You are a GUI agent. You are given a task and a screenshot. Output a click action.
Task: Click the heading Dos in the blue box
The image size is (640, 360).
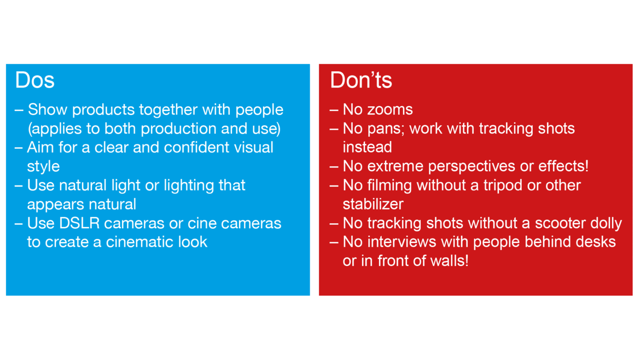click(x=34, y=80)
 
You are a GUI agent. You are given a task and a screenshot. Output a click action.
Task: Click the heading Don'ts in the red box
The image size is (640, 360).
click(x=361, y=80)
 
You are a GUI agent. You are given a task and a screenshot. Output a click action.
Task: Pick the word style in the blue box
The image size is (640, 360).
click(x=43, y=167)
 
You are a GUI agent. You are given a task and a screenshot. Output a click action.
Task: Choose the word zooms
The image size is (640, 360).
click(x=390, y=110)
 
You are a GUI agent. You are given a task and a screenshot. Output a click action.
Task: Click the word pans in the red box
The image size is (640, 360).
click(x=385, y=129)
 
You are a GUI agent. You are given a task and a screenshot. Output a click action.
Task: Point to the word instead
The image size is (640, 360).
click(x=368, y=147)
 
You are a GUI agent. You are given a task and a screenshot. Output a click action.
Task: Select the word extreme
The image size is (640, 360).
click(x=395, y=166)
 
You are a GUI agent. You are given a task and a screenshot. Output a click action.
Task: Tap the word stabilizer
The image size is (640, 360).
click(x=373, y=204)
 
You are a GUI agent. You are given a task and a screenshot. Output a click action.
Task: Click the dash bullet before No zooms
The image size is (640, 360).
click(x=334, y=111)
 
